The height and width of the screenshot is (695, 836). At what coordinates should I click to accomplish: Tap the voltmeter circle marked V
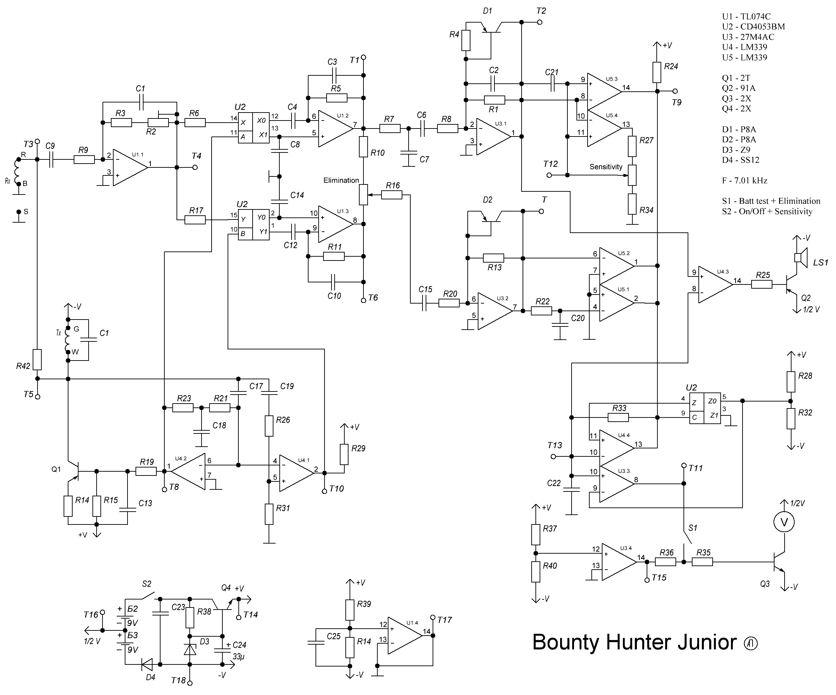(x=784, y=522)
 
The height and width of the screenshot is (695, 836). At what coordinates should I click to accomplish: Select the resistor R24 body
(x=657, y=72)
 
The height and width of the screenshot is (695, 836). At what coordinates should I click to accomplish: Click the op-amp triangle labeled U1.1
(x=129, y=167)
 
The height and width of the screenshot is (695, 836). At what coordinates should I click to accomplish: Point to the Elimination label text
(x=341, y=180)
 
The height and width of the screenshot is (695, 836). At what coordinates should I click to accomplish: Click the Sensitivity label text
(x=606, y=167)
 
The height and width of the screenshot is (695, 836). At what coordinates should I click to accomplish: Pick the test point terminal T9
(x=675, y=91)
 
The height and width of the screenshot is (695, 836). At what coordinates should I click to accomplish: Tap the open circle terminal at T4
(x=195, y=167)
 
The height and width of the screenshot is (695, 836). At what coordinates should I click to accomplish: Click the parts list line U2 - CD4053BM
(x=753, y=27)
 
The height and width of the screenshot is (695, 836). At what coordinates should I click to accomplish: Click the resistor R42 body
(x=37, y=359)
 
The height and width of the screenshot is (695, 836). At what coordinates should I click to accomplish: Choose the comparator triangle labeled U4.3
(x=714, y=284)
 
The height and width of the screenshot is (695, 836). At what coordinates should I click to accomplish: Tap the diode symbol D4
(x=148, y=664)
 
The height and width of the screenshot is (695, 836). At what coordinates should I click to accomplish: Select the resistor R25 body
(x=762, y=284)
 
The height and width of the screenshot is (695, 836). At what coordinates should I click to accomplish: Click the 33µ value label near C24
(x=238, y=656)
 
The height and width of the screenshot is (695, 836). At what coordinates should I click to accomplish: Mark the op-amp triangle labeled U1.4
(x=403, y=636)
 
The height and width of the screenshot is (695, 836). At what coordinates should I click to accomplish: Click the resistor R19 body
(x=146, y=471)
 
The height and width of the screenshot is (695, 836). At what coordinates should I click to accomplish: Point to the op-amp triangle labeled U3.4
(x=617, y=562)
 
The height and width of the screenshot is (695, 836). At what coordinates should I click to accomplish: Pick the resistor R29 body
(x=344, y=454)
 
